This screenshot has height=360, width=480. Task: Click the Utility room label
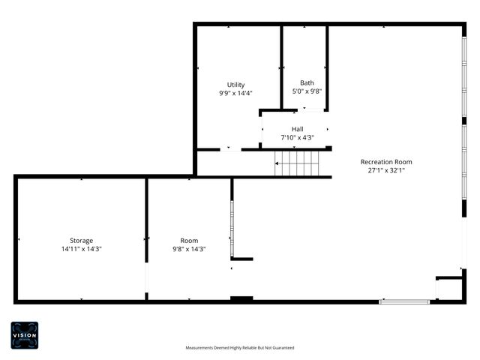click(235, 85)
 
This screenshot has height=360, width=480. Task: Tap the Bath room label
click(307, 82)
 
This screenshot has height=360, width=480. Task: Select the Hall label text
click(298, 129)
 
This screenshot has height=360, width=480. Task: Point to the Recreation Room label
click(386, 161)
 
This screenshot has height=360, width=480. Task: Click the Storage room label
click(82, 240)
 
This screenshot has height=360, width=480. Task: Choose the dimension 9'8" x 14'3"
click(189, 249)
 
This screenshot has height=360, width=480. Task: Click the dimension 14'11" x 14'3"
click(82, 249)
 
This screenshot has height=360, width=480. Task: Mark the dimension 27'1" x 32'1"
click(386, 170)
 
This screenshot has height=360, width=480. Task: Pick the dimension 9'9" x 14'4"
click(235, 93)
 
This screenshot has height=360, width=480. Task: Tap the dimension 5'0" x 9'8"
click(307, 91)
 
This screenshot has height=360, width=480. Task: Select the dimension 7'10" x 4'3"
click(298, 138)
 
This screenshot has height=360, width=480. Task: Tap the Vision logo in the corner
click(24, 334)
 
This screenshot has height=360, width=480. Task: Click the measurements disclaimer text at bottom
click(240, 348)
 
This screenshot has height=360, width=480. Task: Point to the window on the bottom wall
click(404, 301)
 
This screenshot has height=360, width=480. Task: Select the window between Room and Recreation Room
click(232, 229)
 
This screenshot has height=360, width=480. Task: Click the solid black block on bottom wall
click(241, 300)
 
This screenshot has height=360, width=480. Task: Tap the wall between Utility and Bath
click(281, 67)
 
